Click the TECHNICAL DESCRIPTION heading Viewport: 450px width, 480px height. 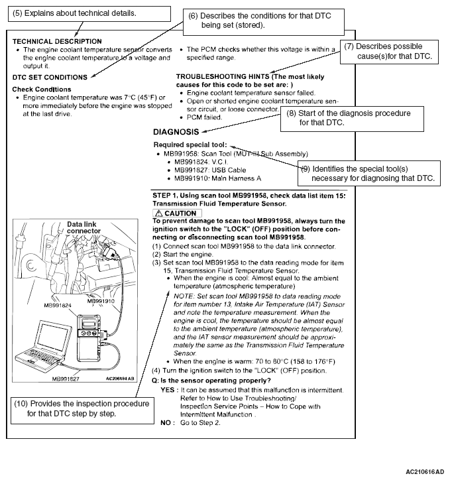point(57,41)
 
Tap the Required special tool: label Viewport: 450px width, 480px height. point(190,145)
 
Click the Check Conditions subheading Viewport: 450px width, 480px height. point(42,89)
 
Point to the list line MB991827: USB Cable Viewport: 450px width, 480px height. point(206,169)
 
